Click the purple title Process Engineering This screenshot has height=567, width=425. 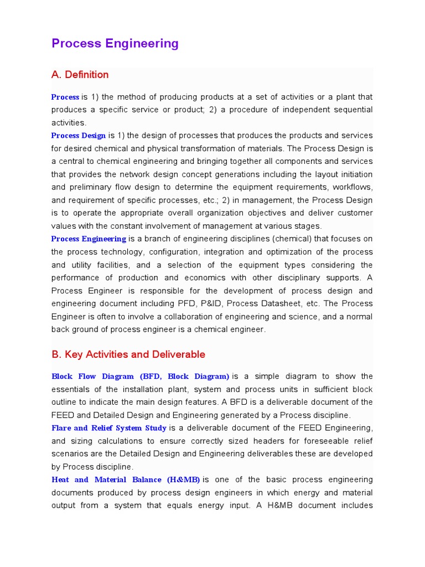[x=115, y=44]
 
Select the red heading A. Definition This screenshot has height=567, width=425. [x=80, y=75]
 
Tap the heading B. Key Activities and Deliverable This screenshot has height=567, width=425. [x=128, y=354]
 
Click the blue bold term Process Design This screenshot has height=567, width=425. [x=79, y=136]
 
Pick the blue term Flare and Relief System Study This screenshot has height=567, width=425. [x=109, y=428]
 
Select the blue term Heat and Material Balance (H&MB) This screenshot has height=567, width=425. [x=126, y=480]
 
